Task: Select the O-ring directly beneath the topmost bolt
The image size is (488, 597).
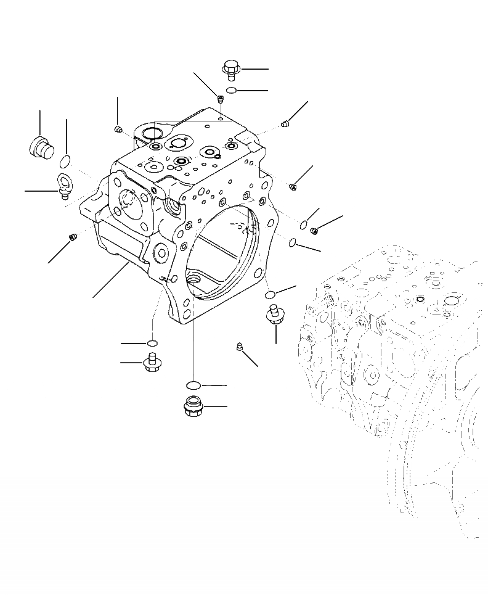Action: pos(230,91)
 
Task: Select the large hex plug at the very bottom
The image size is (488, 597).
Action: pos(193,406)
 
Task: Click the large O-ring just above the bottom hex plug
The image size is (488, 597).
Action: pos(193,385)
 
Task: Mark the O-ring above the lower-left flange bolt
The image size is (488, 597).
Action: pos(152,342)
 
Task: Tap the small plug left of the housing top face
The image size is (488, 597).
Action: pos(118,128)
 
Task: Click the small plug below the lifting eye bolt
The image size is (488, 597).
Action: pos(71,236)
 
